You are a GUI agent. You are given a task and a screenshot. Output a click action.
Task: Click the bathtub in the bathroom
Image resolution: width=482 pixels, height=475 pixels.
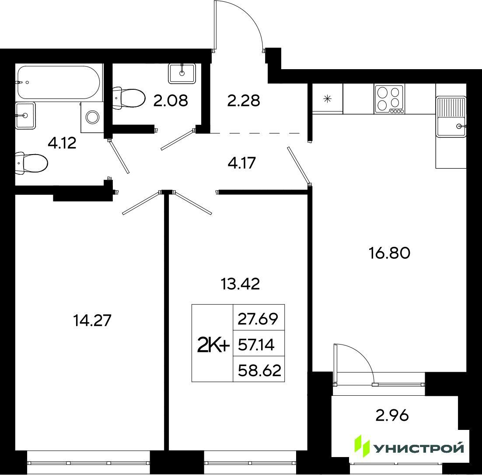(59, 82)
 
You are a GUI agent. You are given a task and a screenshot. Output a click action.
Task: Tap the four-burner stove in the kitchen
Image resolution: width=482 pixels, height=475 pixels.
(389, 99)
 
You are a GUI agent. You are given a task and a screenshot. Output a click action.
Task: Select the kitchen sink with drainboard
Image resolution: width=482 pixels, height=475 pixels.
(451, 116)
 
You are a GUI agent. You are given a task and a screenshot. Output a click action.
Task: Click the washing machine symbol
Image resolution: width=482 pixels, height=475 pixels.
(92, 117)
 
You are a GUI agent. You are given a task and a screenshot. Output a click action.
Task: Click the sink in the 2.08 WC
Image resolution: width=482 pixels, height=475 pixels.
(182, 74)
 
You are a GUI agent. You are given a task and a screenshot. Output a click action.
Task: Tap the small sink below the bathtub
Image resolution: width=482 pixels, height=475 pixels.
(25, 116)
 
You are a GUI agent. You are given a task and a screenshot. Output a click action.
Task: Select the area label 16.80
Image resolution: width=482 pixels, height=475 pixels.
(389, 253)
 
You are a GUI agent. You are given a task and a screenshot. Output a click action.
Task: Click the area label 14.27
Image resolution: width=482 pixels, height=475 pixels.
(92, 320)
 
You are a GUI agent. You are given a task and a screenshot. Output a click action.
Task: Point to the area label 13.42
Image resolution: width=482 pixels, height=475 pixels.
(241, 284)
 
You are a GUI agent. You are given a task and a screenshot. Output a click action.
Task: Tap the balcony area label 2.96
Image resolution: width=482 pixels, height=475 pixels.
(392, 415)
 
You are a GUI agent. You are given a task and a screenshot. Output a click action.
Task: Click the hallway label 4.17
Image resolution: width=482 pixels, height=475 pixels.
(242, 163)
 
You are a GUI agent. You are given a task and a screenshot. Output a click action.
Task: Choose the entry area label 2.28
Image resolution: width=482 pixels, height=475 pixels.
(244, 100)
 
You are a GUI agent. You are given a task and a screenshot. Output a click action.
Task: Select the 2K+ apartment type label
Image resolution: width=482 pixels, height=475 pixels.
(213, 346)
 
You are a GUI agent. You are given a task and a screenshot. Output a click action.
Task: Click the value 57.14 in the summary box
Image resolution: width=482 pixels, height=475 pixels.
(256, 345)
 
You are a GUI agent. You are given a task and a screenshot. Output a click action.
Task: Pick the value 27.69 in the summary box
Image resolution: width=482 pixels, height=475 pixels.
(258, 319)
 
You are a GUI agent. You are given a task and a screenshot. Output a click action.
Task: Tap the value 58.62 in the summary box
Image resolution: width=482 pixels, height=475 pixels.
(259, 370)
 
